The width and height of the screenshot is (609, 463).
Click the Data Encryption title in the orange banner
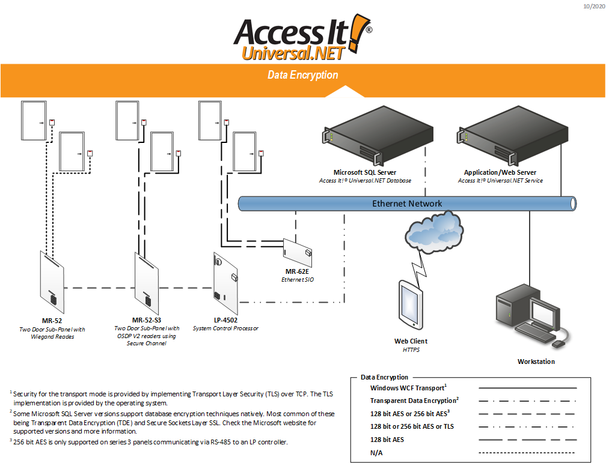(302, 75)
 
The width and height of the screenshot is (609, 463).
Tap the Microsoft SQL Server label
(365, 172)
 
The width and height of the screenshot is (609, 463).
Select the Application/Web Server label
(500, 172)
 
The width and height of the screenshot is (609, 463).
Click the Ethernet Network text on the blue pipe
(407, 204)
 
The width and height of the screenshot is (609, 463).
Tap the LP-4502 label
(225, 321)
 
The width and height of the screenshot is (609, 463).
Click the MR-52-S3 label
(147, 321)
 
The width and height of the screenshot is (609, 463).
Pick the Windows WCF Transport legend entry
(408, 388)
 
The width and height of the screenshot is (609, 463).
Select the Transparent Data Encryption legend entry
(414, 401)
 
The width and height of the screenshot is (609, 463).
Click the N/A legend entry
(376, 452)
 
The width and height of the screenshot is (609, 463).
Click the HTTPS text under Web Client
(411, 350)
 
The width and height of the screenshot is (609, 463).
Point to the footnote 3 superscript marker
(11, 440)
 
